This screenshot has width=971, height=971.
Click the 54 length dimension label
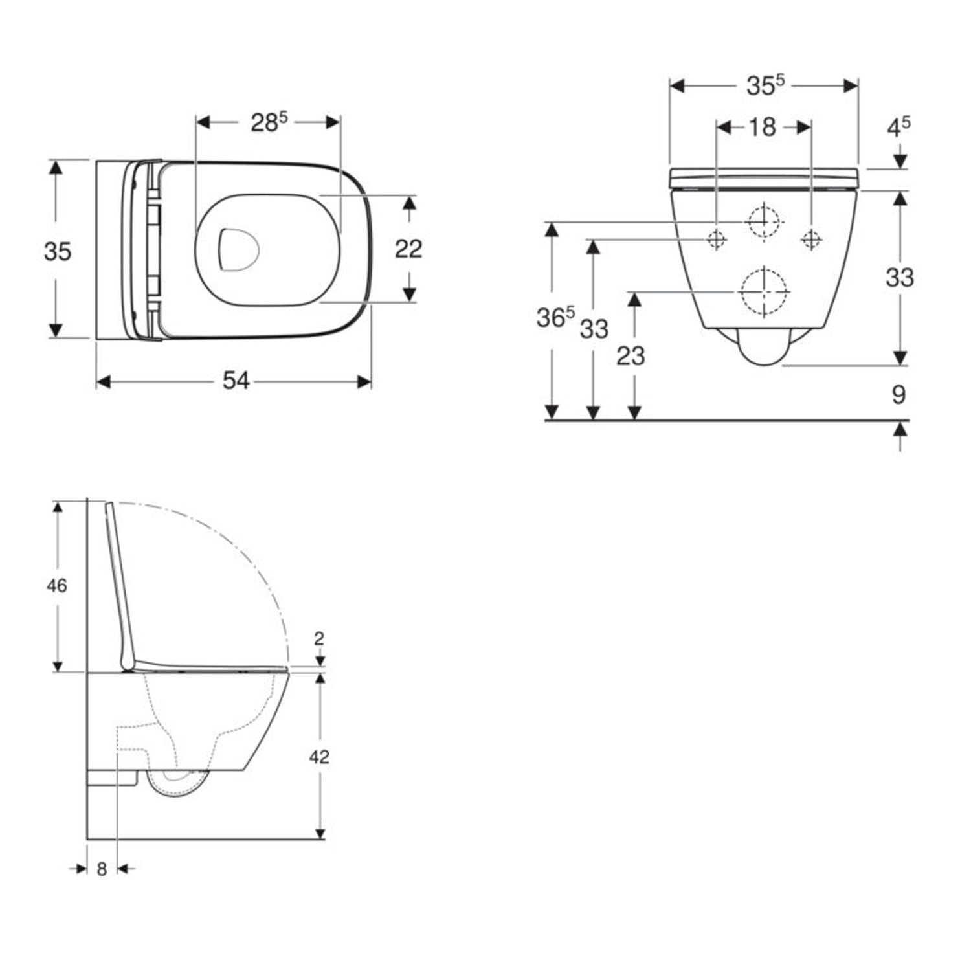(236, 381)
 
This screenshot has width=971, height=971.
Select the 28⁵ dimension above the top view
(269, 122)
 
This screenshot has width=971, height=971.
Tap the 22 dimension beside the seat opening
(408, 249)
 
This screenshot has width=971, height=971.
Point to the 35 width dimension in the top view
(57, 251)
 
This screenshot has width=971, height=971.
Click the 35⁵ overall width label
(765, 85)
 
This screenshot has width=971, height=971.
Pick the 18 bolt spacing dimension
(763, 128)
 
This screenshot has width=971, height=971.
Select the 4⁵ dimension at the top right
(898, 128)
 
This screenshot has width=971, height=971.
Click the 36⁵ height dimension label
(555, 317)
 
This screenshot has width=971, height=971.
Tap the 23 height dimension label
(631, 355)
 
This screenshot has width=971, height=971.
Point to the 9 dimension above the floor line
(898, 394)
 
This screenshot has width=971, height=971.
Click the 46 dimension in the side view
(57, 586)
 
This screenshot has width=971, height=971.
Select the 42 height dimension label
(318, 756)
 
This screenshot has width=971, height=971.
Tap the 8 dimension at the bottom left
(102, 869)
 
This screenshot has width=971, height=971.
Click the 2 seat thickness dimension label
(318, 639)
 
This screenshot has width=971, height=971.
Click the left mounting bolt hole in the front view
(715, 240)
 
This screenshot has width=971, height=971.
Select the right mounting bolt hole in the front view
(810, 240)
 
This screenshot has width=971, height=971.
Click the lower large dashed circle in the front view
(764, 291)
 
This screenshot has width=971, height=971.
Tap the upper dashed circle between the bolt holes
(764, 221)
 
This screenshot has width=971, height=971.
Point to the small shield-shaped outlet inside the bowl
(239, 249)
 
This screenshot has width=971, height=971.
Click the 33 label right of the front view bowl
(899, 278)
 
